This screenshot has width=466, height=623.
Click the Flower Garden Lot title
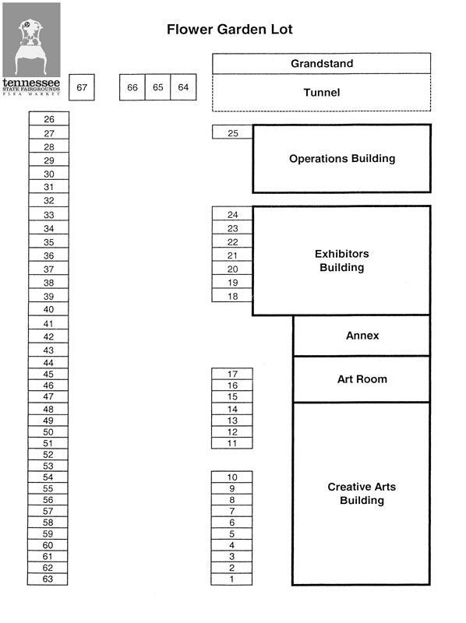pyautogui.click(x=229, y=30)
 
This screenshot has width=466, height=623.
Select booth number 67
pyautogui.click(x=81, y=88)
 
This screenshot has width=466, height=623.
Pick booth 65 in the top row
pyautogui.click(x=157, y=88)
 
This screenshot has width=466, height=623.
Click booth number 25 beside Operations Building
pyautogui.click(x=232, y=133)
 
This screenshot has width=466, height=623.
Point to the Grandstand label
pyautogui.click(x=321, y=63)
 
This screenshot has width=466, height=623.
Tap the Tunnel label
pyautogui.click(x=321, y=93)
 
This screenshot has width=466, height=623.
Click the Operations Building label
pyautogui.click(x=341, y=158)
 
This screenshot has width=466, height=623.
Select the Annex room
pyautogui.click(x=362, y=336)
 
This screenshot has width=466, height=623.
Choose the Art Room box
pyautogui.click(x=362, y=379)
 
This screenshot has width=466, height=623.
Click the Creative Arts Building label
pyautogui.click(x=362, y=494)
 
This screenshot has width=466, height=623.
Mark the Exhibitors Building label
pyautogui.click(x=341, y=261)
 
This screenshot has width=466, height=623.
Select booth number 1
pyautogui.click(x=231, y=579)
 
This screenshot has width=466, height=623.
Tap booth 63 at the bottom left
pyautogui.click(x=48, y=579)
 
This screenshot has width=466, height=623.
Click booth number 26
pyautogui.click(x=48, y=119)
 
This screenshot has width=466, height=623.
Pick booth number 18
pyautogui.click(x=232, y=296)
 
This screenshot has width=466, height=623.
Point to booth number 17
pyautogui.click(x=232, y=374)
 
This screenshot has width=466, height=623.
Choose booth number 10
pyautogui.click(x=231, y=477)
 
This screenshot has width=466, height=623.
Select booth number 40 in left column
pyautogui.click(x=48, y=309)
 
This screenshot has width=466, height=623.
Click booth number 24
pyautogui.click(x=232, y=214)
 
